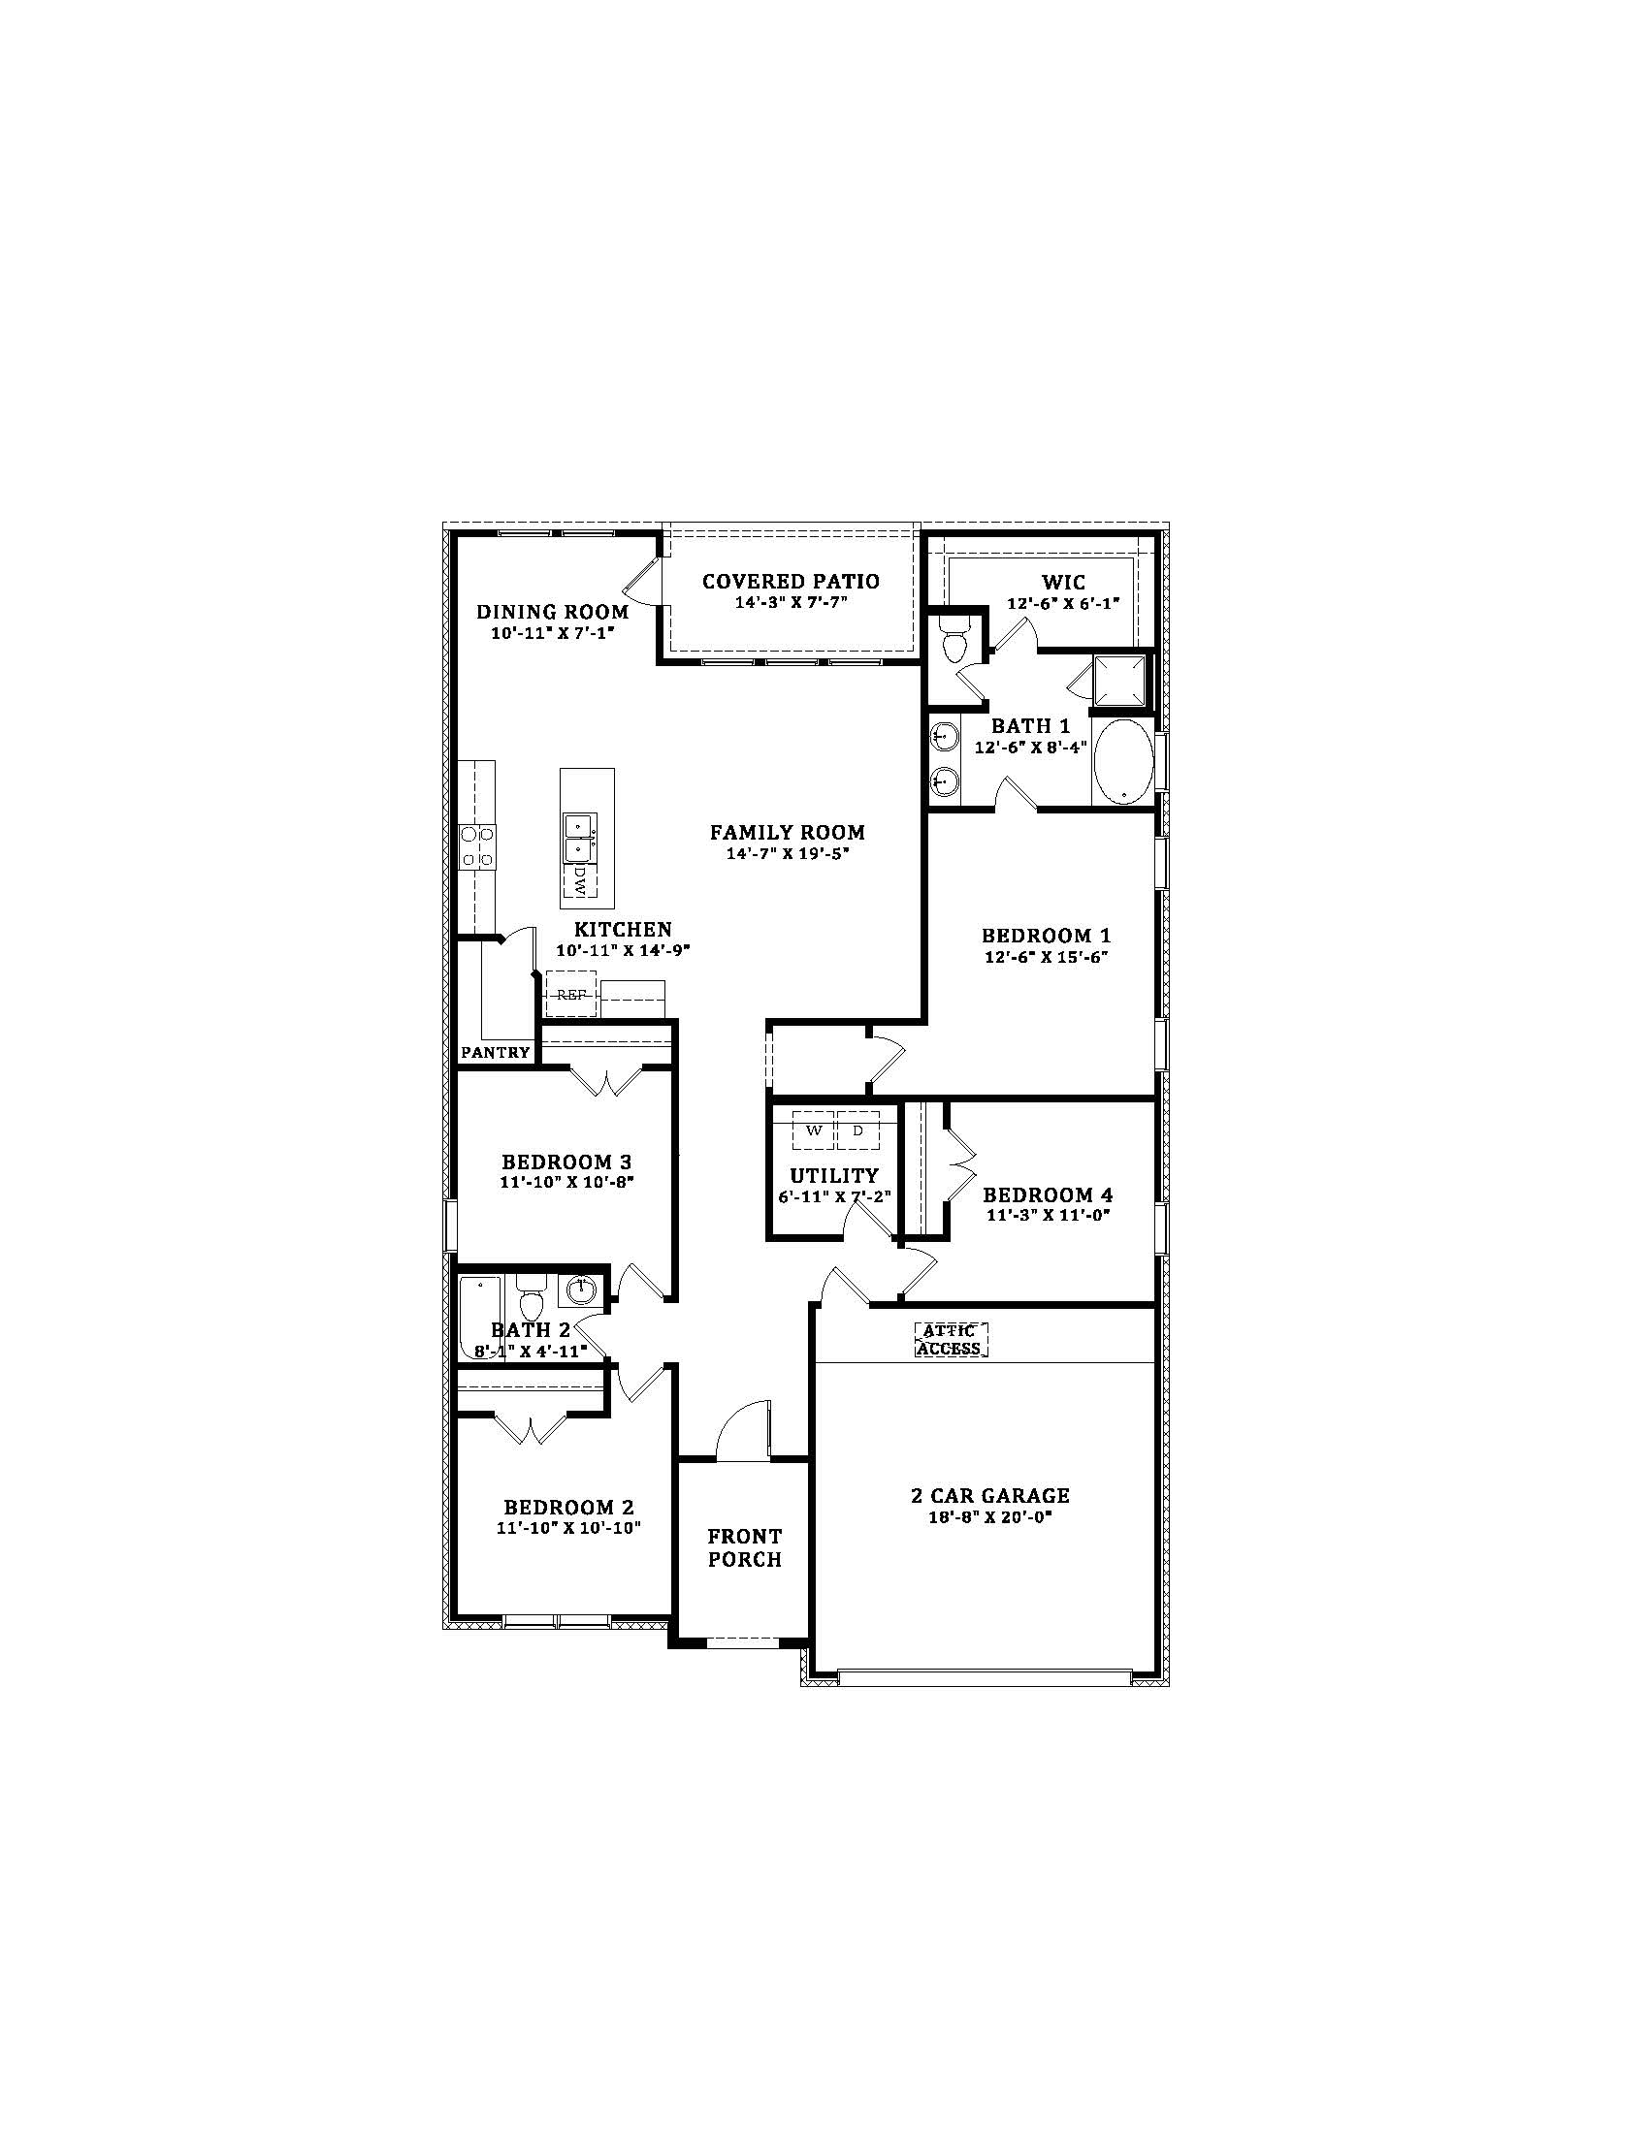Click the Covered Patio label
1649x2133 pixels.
pyautogui.click(x=791, y=582)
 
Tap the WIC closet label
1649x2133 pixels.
pyautogui.click(x=1063, y=584)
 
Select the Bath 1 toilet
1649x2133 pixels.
pyautogui.click(x=953, y=640)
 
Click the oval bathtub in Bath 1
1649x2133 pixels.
pyautogui.click(x=1123, y=763)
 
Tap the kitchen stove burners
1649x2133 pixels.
pyautogui.click(x=477, y=845)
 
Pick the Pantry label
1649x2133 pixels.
pyautogui.click(x=496, y=1053)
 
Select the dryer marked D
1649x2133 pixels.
pyautogui.click(x=858, y=1130)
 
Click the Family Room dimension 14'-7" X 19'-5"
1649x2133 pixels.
pyautogui.click(x=787, y=853)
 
